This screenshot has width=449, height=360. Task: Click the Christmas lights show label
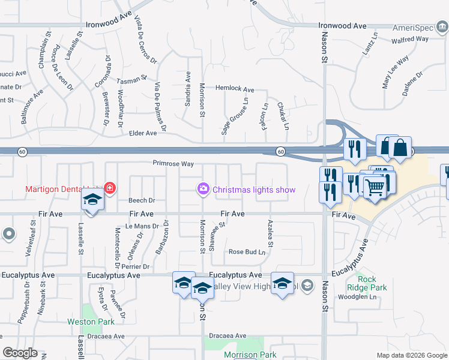[x=254, y=190]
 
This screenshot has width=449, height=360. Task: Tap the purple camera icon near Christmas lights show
[x=203, y=190]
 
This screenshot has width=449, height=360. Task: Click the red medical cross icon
[x=109, y=188]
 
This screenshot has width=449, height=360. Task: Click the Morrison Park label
[x=242, y=355]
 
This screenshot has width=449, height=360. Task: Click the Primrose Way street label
[x=173, y=163]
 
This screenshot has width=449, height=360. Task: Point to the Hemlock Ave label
[x=235, y=89]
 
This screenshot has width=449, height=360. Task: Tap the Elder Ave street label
[x=143, y=133]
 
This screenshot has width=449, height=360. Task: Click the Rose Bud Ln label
[x=247, y=252]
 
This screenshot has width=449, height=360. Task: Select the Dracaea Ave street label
[x=228, y=336]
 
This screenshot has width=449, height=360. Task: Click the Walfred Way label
[x=410, y=39]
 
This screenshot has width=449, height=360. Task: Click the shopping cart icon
[x=376, y=187]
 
